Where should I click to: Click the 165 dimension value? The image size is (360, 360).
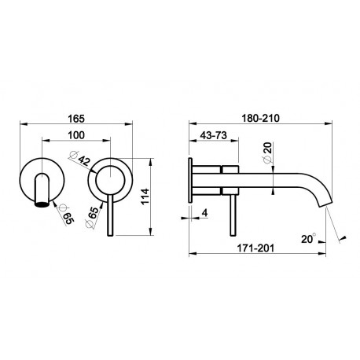tap(76, 119)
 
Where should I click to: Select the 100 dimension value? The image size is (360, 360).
tap(76, 135)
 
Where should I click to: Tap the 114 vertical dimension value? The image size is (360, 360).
tap(145, 197)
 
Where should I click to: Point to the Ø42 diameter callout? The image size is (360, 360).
tap(79, 158)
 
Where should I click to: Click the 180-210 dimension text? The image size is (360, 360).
tap(260, 119)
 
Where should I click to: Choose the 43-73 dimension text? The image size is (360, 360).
tap(213, 135)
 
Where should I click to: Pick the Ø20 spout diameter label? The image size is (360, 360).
tap(267, 152)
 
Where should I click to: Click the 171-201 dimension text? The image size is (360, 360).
tap(255, 248)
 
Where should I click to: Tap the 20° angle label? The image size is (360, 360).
tap(309, 239)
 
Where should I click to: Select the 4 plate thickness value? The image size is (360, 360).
tap(204, 213)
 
